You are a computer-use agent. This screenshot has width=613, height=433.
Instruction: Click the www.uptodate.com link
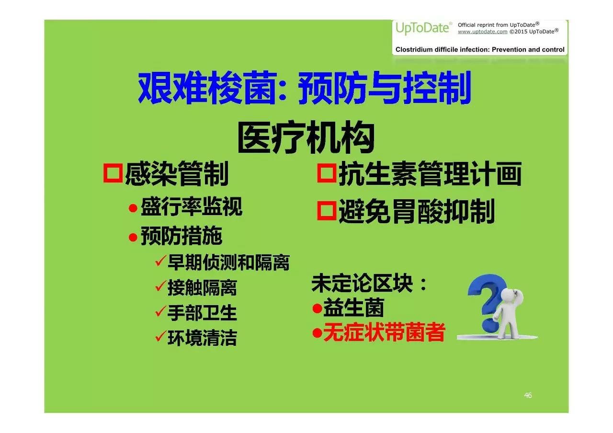click(482, 32)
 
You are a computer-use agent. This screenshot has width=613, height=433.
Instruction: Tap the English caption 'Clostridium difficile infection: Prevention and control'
click(480, 49)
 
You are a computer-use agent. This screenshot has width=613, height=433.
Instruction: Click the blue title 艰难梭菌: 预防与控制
click(305, 88)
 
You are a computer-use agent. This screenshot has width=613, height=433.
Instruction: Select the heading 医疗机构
click(306, 137)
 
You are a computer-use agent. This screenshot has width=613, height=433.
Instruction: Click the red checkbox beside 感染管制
click(113, 173)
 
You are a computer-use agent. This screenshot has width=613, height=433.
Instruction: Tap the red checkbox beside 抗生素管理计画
click(327, 173)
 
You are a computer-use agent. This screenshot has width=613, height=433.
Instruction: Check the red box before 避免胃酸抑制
click(327, 211)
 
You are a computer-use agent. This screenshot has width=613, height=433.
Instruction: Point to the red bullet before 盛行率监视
click(133, 208)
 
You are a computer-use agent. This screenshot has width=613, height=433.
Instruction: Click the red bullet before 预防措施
click(133, 237)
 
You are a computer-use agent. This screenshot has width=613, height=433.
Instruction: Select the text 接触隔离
click(202, 288)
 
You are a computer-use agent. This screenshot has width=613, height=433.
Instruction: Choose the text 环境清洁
click(202, 338)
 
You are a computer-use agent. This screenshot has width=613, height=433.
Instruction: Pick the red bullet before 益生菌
click(317, 308)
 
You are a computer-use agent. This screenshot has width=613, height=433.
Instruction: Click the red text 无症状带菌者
click(384, 332)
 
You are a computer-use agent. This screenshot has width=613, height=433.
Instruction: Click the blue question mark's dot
click(489, 326)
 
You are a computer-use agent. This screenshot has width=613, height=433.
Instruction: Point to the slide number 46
click(528, 395)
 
